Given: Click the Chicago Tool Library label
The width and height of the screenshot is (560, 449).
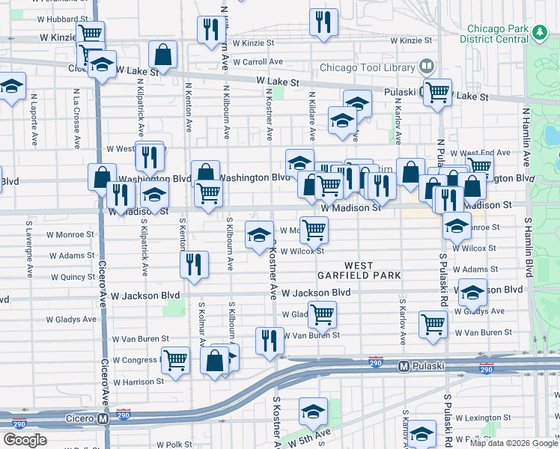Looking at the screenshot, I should pos(367,67).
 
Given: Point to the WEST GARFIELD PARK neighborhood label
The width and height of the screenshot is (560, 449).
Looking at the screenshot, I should pos(369,271).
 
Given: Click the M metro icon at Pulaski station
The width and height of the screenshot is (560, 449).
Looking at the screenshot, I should pos(404,367).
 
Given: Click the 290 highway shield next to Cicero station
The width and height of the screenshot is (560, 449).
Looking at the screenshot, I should pos(124,414).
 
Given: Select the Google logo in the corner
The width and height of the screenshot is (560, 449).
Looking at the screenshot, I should pos(25,440).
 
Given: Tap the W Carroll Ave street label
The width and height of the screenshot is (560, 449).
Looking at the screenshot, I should pos(258,61).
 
